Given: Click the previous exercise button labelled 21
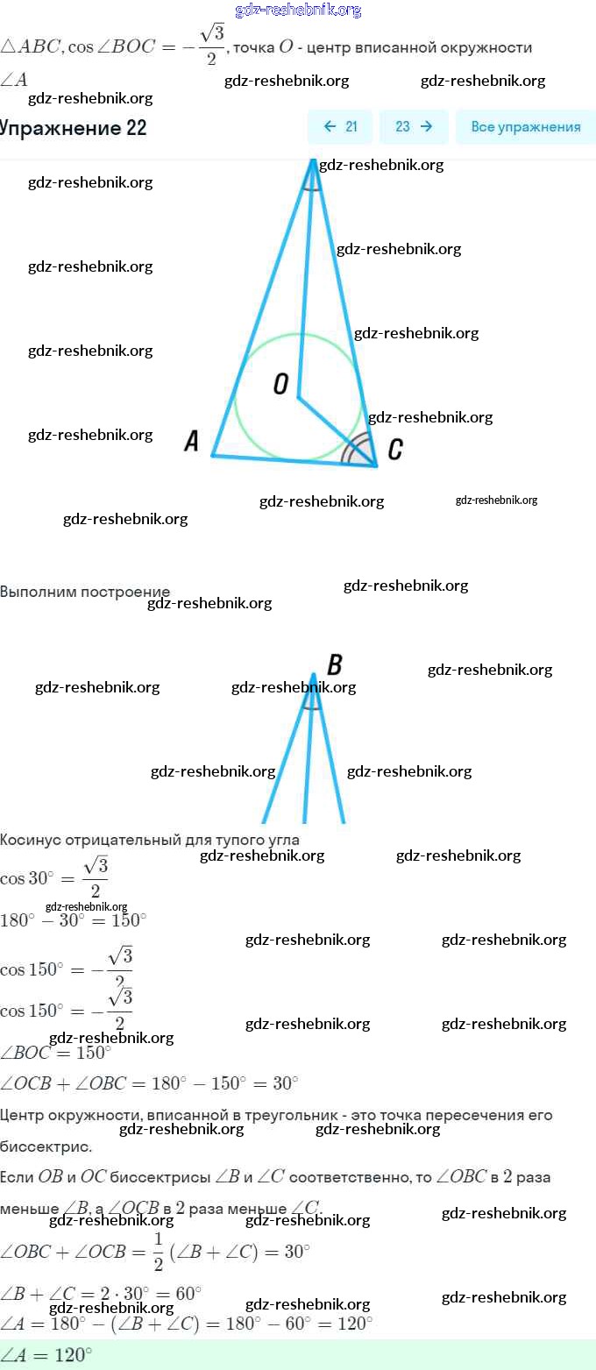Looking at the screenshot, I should (x=340, y=127).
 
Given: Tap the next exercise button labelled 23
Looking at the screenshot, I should (x=414, y=127).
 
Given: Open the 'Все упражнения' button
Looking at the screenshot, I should (x=525, y=127).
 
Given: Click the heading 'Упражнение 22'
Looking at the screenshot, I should (x=74, y=128).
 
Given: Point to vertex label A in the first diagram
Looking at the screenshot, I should (x=192, y=441).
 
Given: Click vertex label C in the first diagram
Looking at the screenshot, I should (x=395, y=450).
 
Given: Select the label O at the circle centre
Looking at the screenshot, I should (x=280, y=384).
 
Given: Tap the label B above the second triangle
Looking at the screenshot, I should (x=334, y=664).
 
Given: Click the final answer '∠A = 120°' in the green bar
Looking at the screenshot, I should (x=47, y=1354).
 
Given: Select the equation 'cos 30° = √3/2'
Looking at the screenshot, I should (x=54, y=877).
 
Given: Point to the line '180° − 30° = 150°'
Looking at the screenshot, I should (x=74, y=920).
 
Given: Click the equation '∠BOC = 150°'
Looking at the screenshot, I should (x=56, y=1052).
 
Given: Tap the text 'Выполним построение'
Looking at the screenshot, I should (x=85, y=592).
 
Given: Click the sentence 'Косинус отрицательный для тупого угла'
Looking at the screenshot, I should (x=150, y=840).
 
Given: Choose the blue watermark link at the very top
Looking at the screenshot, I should (x=298, y=10).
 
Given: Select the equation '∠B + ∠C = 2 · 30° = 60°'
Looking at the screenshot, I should (x=101, y=1293).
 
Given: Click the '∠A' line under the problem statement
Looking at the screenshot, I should (x=15, y=80).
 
